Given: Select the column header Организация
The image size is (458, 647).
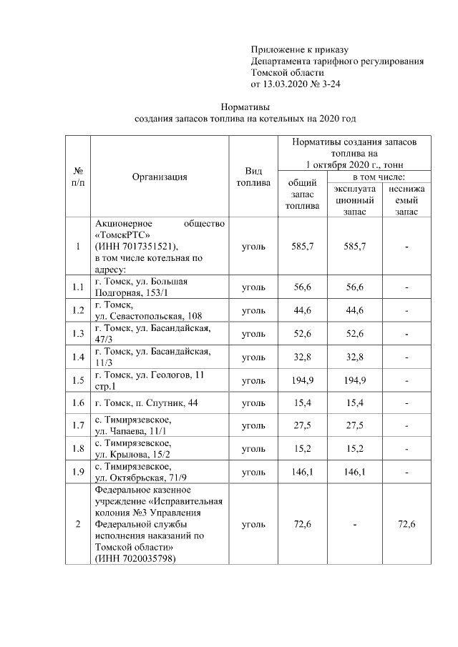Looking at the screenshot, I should click(160, 177).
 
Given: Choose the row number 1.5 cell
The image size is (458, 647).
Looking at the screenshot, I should click(79, 380).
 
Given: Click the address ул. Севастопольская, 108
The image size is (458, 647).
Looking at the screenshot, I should click(149, 315).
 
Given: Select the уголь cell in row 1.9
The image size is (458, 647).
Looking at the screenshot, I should click(253, 473).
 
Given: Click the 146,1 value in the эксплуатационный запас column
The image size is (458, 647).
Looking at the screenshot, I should click(355, 473).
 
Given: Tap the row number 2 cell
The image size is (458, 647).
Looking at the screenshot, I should click(79, 524).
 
